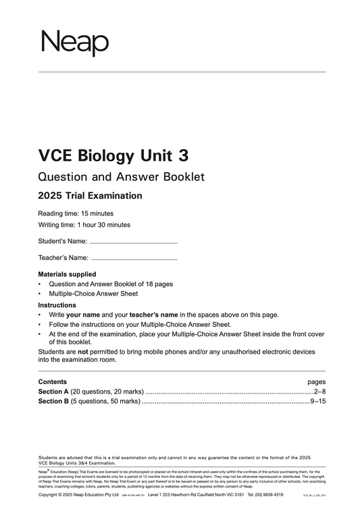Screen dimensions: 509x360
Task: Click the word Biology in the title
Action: coord(109,156)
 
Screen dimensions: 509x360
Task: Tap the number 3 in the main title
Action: coord(182,156)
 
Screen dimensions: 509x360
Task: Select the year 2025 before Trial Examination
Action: coord(53,196)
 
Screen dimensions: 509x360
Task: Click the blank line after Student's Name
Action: coord(133,242)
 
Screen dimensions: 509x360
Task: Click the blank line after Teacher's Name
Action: coord(134,259)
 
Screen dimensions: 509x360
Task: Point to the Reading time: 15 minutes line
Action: coord(76,213)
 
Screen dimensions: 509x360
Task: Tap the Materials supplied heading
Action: coord(67,274)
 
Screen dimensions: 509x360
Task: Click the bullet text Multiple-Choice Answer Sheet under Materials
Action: coord(93,294)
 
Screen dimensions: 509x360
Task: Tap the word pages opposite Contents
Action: coord(317,381)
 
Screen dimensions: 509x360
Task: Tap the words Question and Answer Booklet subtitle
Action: coord(121,177)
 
